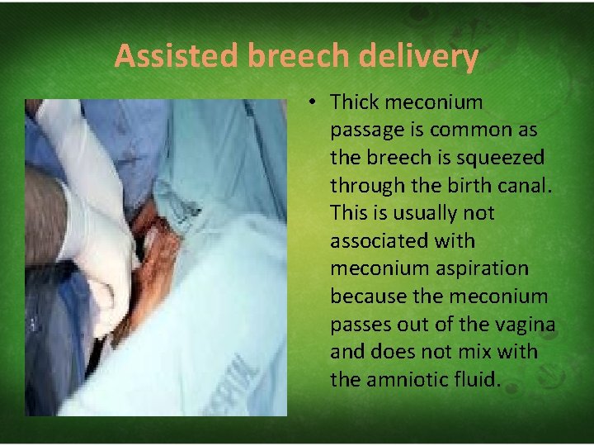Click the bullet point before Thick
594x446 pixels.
tap(314, 102)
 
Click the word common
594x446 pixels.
tap(460, 130)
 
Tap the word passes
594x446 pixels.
tap(360, 325)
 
